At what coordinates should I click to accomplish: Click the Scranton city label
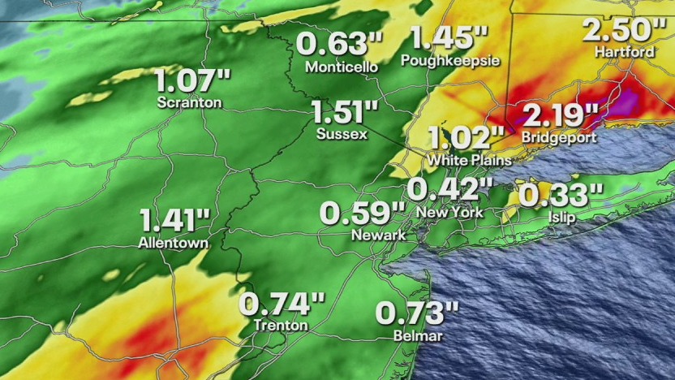(x=191, y=103)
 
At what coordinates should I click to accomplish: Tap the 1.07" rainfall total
(x=193, y=82)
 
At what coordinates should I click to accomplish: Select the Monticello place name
(x=342, y=67)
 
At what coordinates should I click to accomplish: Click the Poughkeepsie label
(x=449, y=60)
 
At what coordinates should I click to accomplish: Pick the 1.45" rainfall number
(x=449, y=37)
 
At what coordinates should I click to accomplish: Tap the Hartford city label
(x=624, y=51)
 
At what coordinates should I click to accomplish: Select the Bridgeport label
(x=559, y=137)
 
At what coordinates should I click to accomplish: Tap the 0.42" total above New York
(x=449, y=190)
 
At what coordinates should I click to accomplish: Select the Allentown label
(x=173, y=242)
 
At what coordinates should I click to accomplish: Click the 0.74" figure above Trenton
(x=282, y=304)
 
